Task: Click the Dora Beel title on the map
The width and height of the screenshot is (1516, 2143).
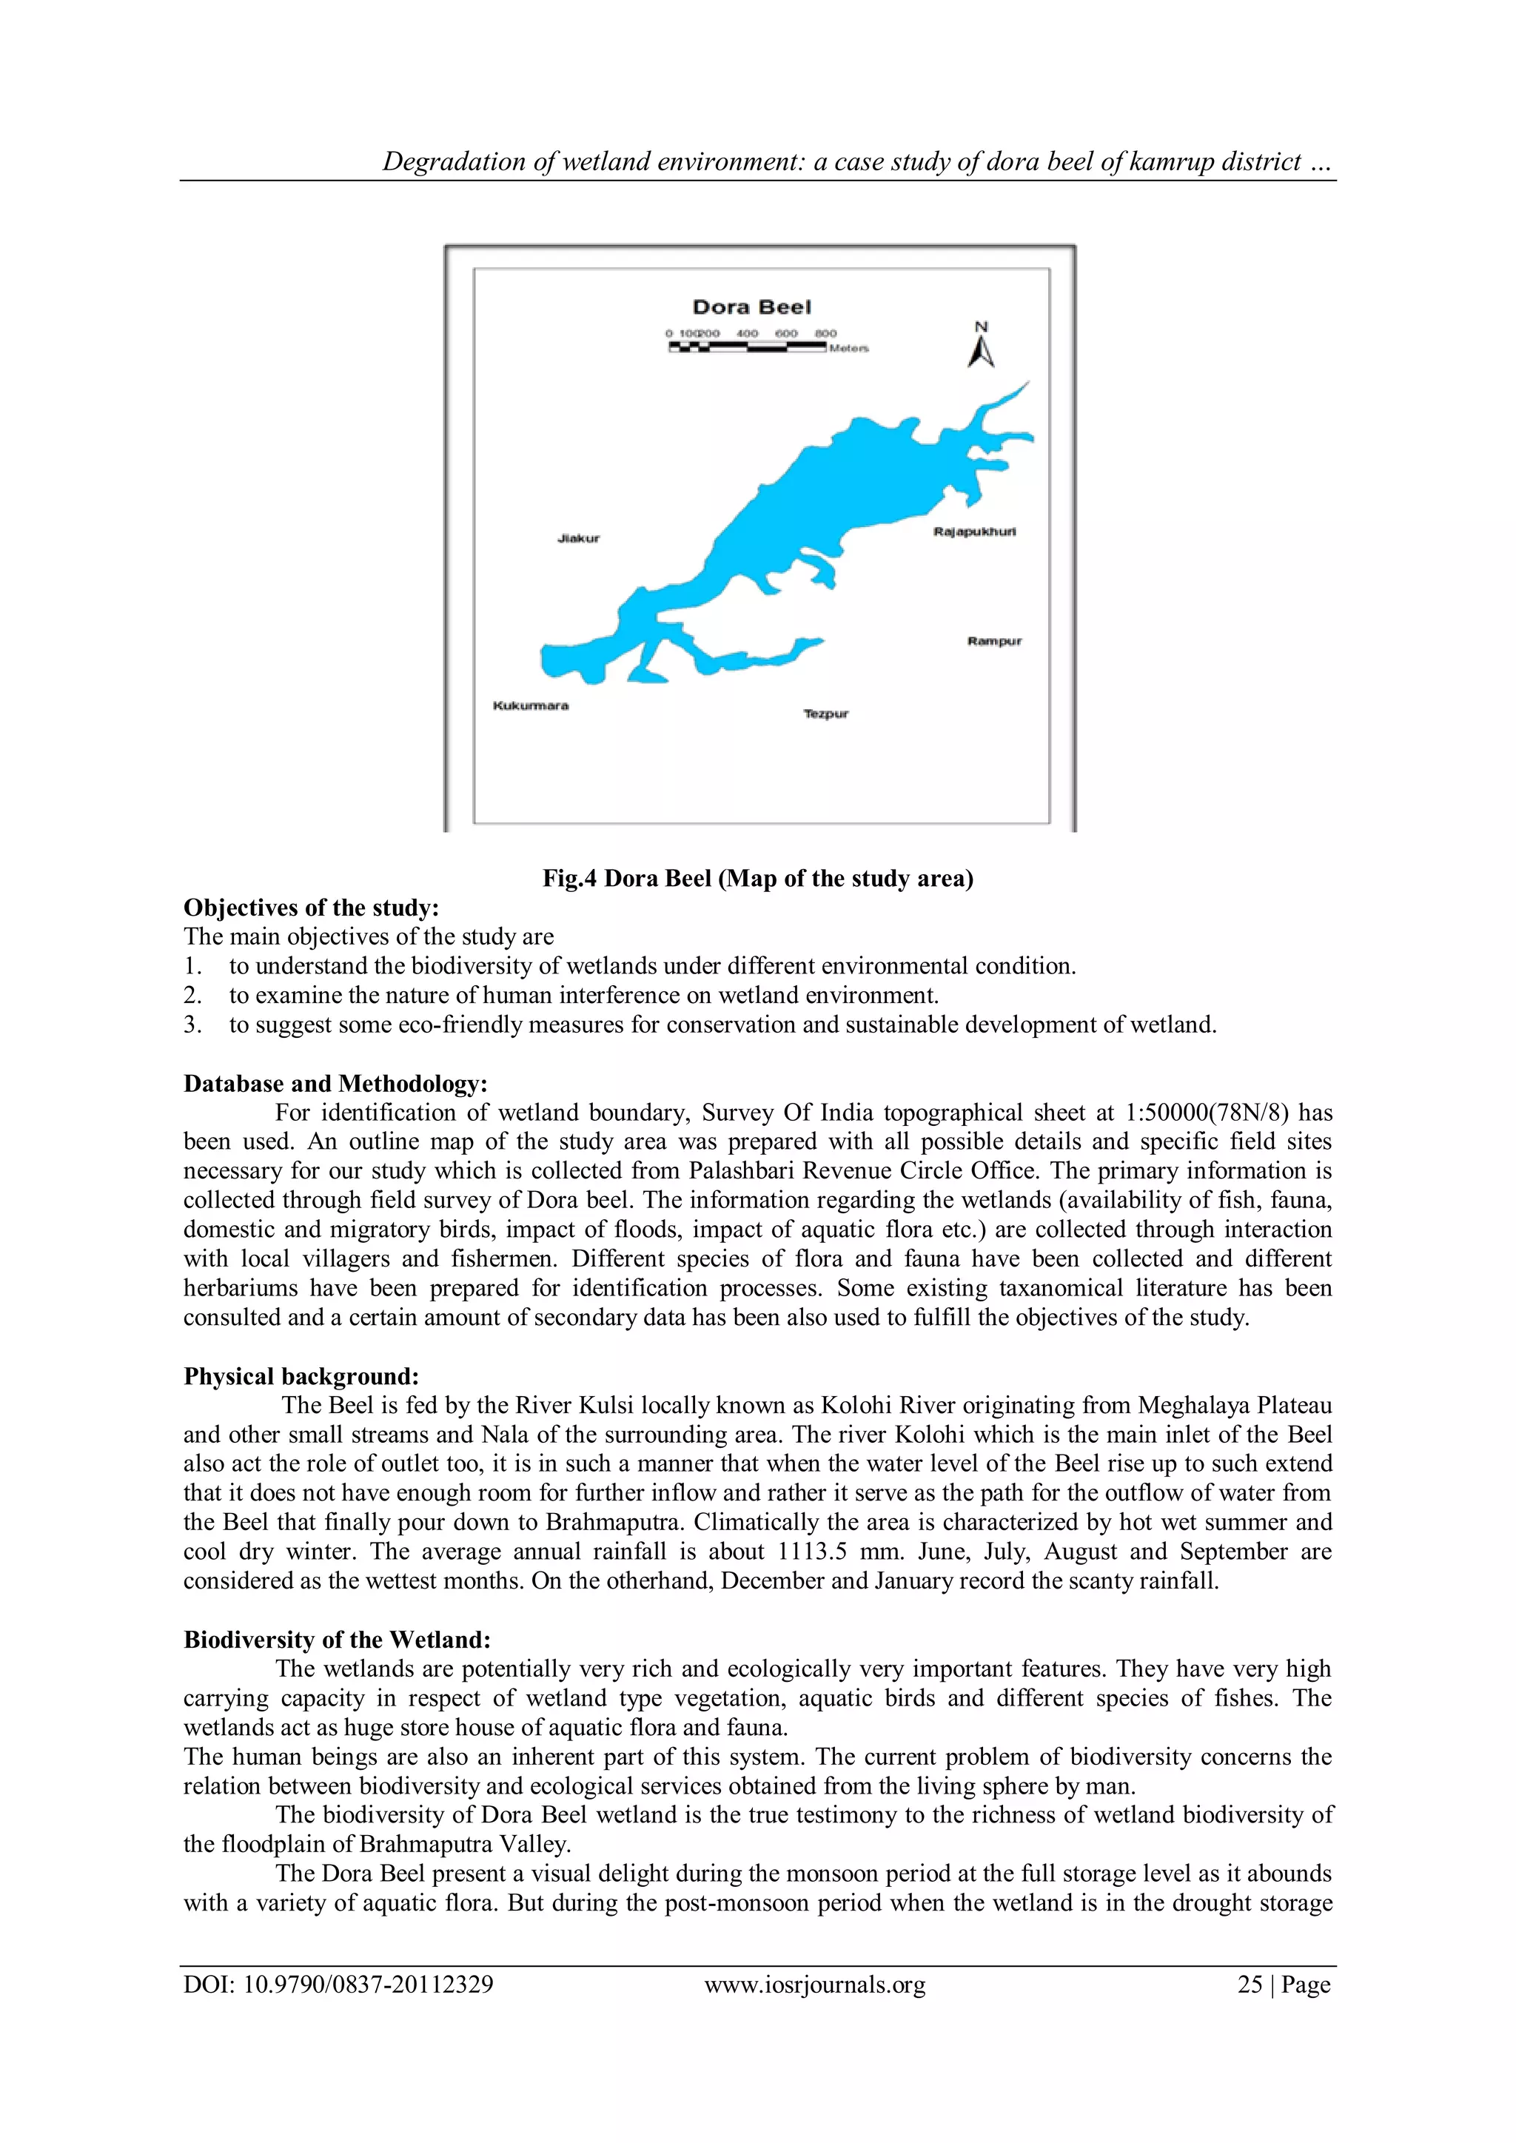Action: coord(751,307)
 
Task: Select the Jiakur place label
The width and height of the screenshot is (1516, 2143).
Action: coord(578,539)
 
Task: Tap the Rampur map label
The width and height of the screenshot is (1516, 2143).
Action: coord(994,641)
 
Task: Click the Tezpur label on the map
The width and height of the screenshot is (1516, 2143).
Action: coord(826,714)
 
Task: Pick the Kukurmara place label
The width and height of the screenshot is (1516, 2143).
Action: coord(530,705)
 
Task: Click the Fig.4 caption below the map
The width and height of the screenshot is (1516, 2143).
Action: coord(757,878)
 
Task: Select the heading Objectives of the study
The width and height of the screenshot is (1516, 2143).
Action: coord(311,908)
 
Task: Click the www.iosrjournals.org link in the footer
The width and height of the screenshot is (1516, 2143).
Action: coord(814,1985)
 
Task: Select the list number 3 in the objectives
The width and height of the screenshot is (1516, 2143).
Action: coord(192,1024)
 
